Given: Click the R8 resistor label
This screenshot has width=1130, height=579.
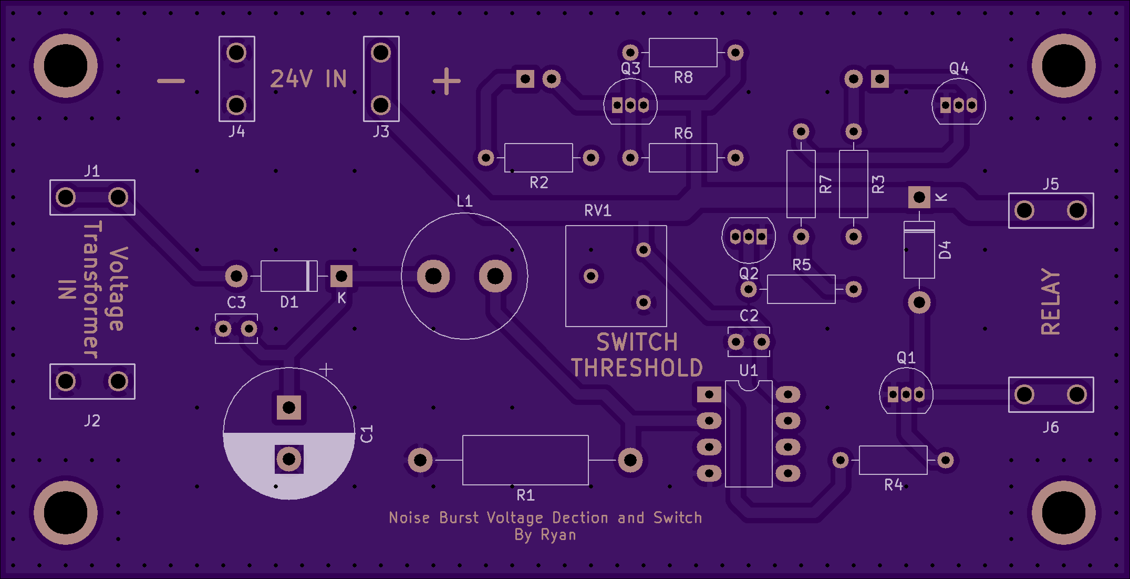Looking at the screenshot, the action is pos(683,78).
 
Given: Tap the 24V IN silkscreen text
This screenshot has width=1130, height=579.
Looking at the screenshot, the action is pos(308,79).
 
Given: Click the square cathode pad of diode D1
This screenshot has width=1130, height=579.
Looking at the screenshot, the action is pos(341,276).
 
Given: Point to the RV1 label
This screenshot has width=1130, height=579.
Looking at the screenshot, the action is pos(598,211).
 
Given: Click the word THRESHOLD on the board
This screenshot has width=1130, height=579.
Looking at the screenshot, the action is pos(637,368).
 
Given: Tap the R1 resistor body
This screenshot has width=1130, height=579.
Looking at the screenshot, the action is pos(525,460).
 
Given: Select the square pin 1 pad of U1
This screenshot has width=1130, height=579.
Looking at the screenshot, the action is pos(709,394).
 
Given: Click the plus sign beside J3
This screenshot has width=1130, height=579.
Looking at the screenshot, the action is pos(447,81).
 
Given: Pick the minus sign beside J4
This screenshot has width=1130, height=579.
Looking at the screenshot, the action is pos(171,81).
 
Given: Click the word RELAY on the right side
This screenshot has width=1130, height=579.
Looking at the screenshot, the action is pos(1051,302).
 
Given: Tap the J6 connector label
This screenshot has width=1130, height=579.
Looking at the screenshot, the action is pos(1051,427).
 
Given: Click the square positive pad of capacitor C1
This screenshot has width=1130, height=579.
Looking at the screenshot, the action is pos(289,407).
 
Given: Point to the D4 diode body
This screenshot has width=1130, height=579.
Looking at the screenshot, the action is pos(919,250).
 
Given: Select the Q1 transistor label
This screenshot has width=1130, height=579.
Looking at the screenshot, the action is pos(906,358).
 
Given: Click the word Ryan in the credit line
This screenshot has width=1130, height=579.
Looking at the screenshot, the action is pos(558,535).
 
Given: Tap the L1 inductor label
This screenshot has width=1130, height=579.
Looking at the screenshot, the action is pos(465,201).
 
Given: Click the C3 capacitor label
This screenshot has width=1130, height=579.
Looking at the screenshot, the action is pos(236,302).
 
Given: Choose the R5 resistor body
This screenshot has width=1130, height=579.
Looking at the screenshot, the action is pos(801,289).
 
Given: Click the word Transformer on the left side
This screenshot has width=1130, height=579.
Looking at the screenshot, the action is pos(92,290).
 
